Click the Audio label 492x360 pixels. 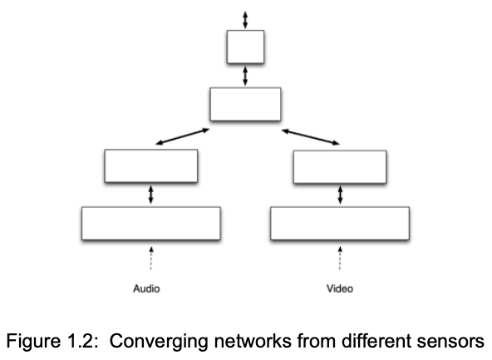tap(146, 289)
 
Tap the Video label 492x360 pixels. tap(339, 289)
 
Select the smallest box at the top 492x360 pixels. tap(245, 47)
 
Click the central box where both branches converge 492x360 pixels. tap(245, 105)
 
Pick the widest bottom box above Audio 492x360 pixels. tap(150, 223)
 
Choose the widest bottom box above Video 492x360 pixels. tap(340, 223)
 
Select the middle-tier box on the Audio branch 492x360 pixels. tap(150, 165)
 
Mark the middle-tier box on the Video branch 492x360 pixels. tap(340, 165)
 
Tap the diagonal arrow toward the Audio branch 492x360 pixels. tap(183, 136)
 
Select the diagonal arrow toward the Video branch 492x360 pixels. tap(311, 136)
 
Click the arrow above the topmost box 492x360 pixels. tap(244, 18)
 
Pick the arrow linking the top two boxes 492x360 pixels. tap(244, 76)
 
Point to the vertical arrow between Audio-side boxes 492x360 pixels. tap(150, 195)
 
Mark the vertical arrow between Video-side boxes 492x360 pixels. tap(340, 195)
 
